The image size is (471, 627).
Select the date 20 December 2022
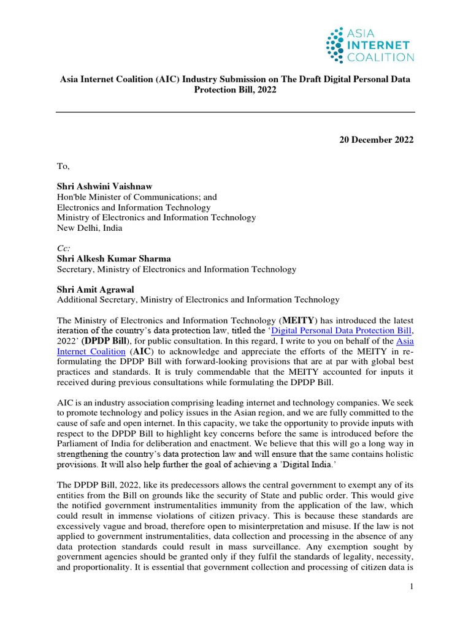point(377,140)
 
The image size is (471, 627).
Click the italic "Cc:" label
point(64,249)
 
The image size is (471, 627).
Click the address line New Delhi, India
point(90,228)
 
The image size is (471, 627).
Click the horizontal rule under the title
point(235,112)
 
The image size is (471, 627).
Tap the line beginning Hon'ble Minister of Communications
point(137,197)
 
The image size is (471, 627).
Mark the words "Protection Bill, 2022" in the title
point(235,90)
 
